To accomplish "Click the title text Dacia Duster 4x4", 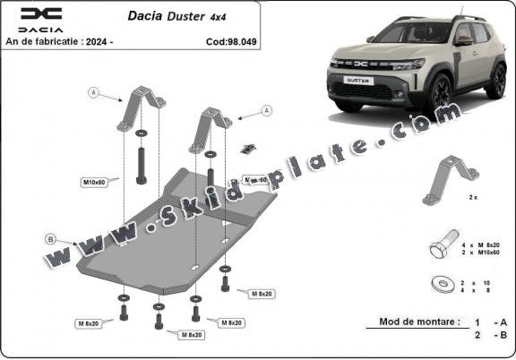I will coord(176,15).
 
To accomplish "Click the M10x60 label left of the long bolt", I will coord(94,182).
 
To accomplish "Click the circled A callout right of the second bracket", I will coord(266,110).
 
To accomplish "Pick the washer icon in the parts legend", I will coord(443,282).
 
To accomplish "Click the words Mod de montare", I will coord(418,321).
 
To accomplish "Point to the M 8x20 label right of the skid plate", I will coord(262,293).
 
